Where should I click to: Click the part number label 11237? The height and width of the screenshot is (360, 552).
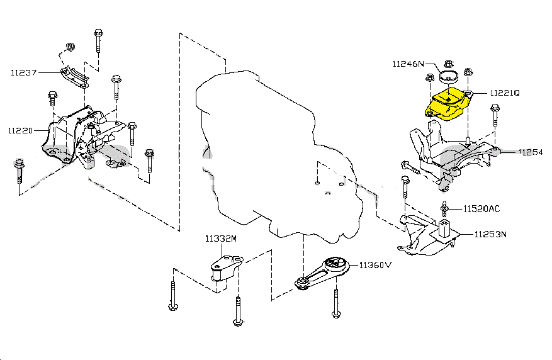[x=23, y=72]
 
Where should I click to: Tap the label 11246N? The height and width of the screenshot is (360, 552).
[x=408, y=64]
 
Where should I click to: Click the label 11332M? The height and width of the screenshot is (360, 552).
[x=220, y=239]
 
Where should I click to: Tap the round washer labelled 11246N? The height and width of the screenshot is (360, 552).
[x=448, y=78]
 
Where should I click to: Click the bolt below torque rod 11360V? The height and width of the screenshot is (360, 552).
[x=336, y=305]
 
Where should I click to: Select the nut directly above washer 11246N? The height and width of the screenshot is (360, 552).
[x=448, y=64]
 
